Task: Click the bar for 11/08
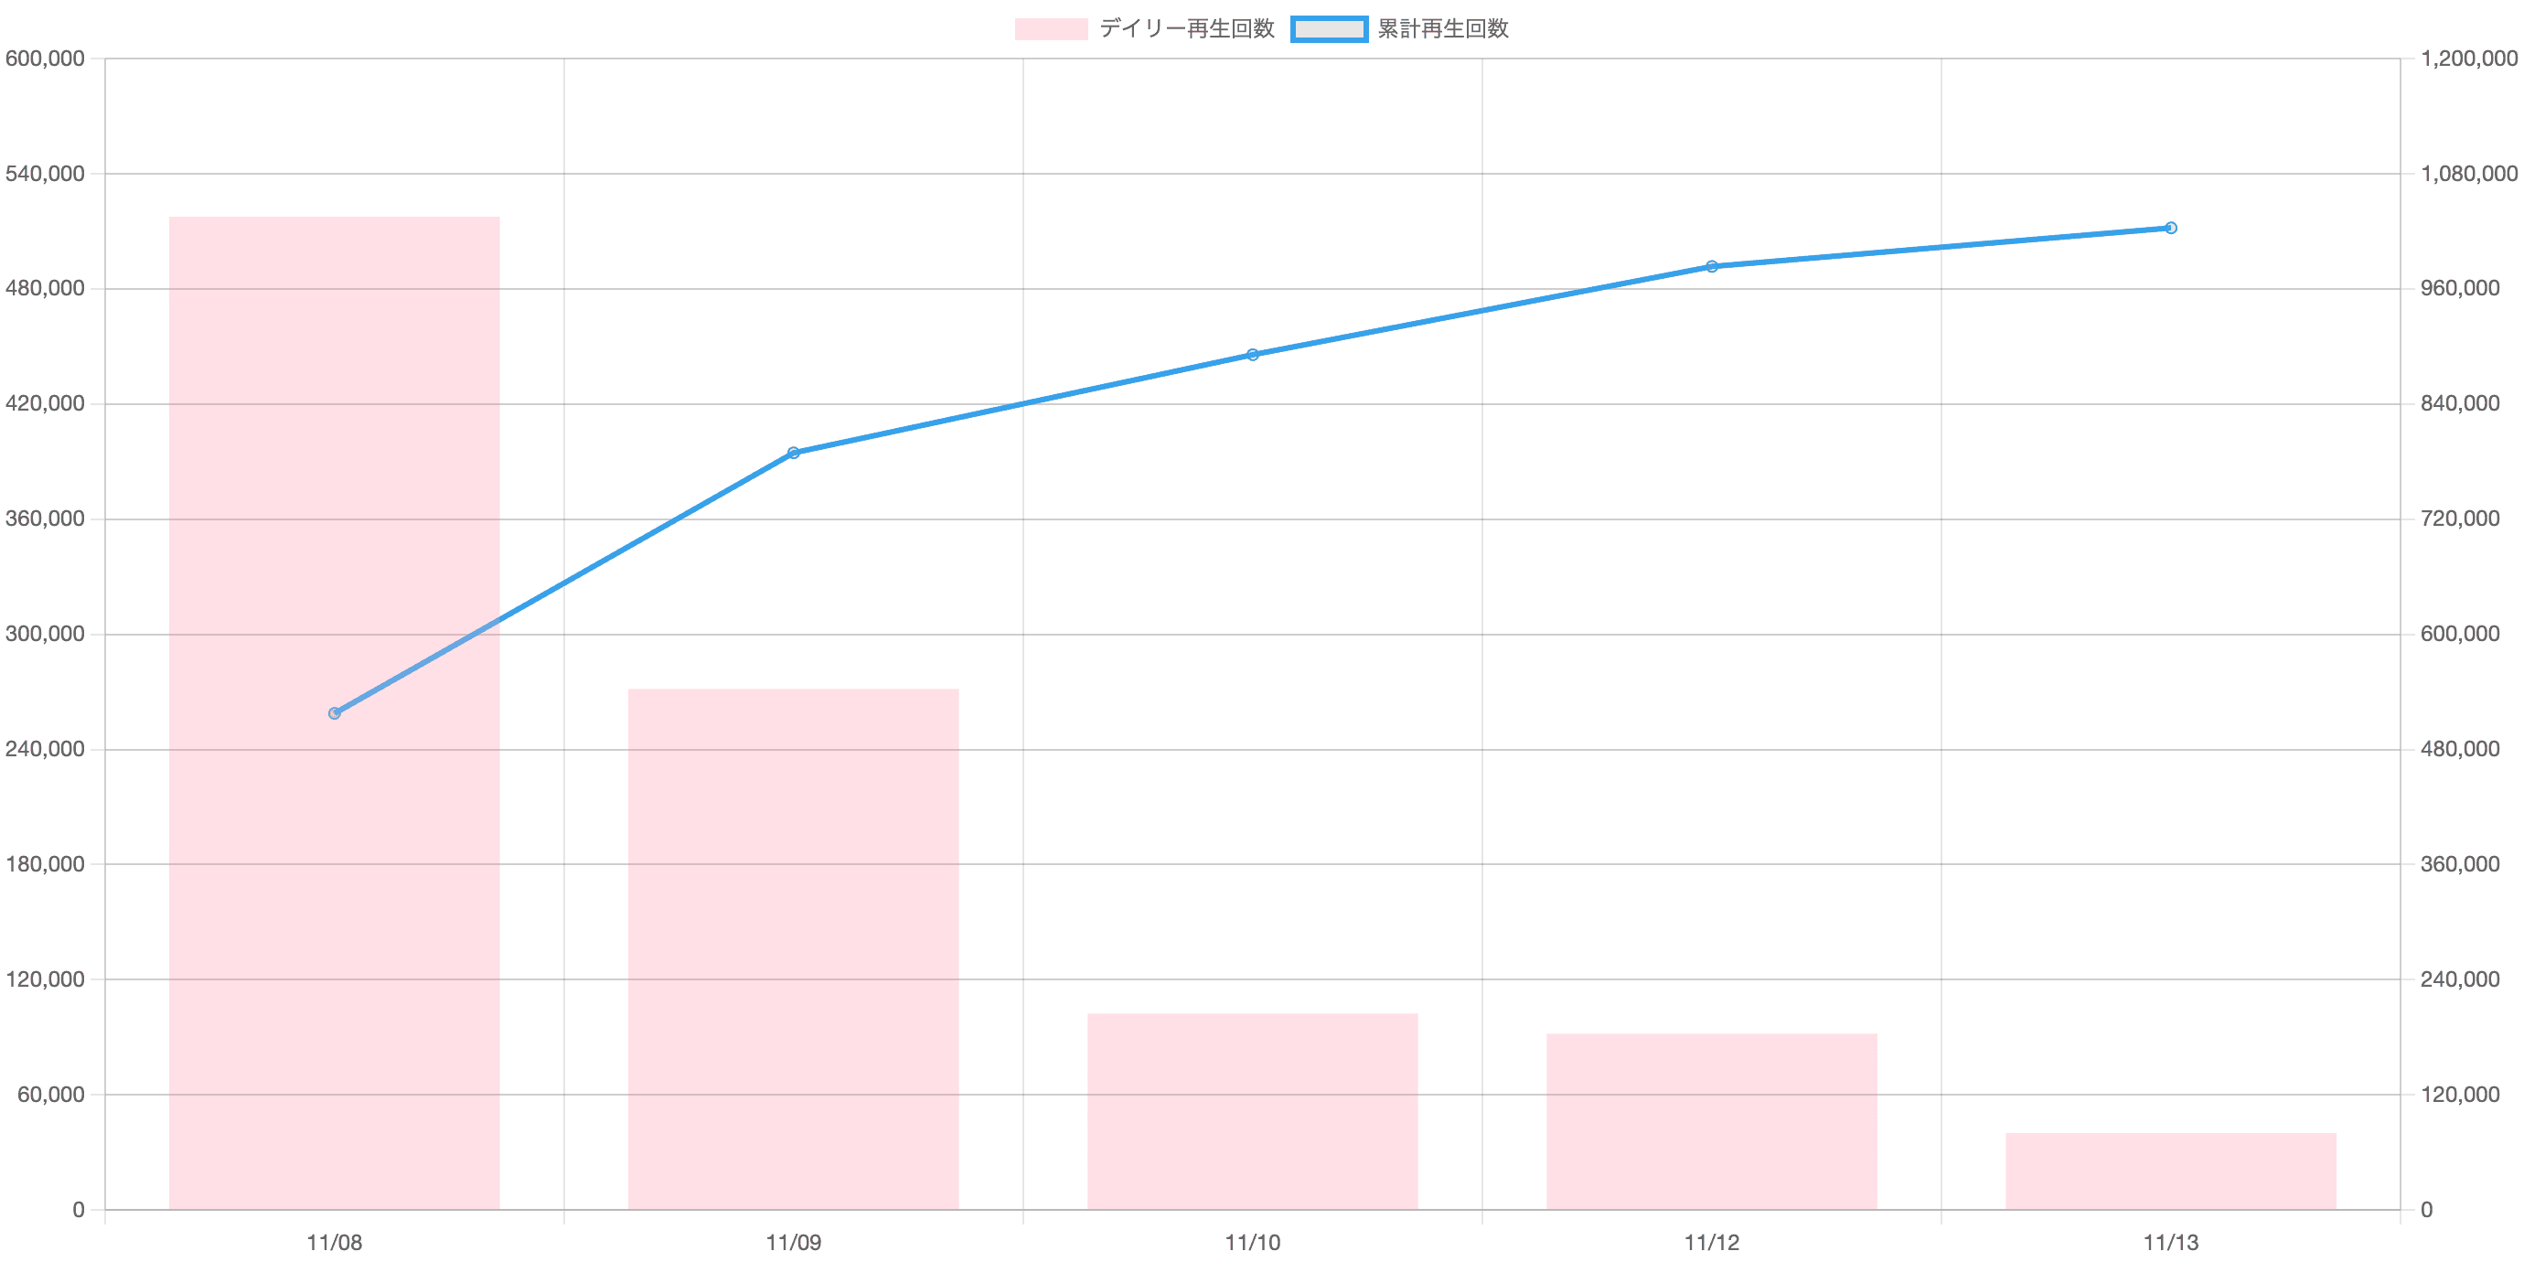[334, 712]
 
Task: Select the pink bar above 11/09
[793, 948]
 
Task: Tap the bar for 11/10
[1252, 1110]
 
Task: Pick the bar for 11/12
[1711, 1121]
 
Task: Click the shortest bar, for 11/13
[2170, 1171]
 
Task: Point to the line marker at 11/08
[334, 713]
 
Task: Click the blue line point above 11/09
[793, 453]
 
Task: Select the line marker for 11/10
[1252, 355]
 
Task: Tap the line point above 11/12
[1712, 266]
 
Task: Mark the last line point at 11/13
[2170, 229]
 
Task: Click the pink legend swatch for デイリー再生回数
[1051, 29]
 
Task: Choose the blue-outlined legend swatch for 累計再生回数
[1329, 29]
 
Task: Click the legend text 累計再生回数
[1442, 29]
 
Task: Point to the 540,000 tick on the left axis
[45, 175]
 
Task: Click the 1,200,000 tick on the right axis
[2468, 59]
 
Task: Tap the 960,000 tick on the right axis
[2460, 289]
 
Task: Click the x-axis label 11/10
[1252, 1244]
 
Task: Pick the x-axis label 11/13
[2170, 1244]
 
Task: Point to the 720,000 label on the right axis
[2460, 519]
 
